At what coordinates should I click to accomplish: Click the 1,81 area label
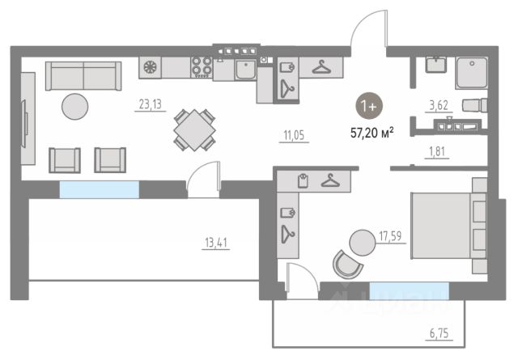(436, 150)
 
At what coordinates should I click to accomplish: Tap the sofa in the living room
(83, 76)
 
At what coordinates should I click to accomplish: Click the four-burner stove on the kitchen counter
(201, 68)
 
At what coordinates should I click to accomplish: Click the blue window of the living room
(99, 189)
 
